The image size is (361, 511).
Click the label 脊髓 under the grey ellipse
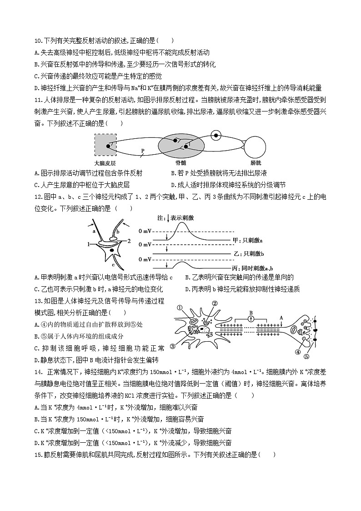181,162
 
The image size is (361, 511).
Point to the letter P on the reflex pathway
142,150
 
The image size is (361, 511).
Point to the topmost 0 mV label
145,232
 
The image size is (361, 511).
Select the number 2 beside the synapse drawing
129,240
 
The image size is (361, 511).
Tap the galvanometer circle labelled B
251,318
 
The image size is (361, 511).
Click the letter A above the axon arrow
281,318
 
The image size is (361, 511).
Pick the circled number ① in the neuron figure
180,308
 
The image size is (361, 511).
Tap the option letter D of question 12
187,289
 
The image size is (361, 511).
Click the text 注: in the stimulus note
160,218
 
